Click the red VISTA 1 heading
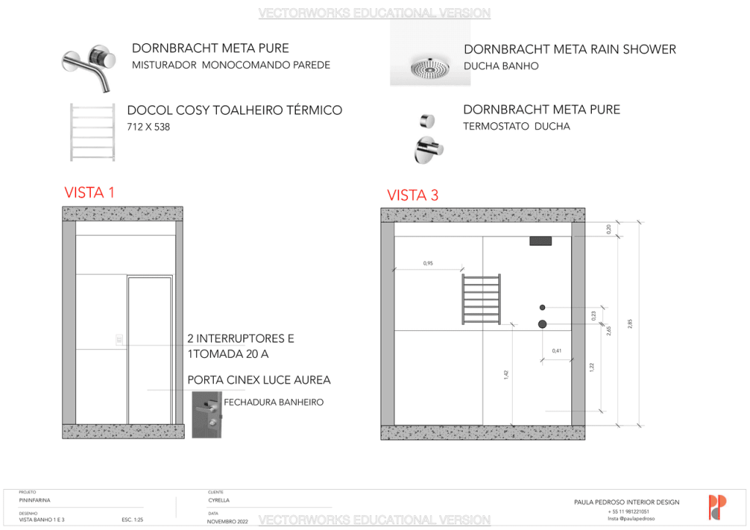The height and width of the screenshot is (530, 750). click(x=89, y=193)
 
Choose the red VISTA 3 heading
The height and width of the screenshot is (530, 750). click(x=412, y=195)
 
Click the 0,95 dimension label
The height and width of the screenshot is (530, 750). click(x=428, y=263)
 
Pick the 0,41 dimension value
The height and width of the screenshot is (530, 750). click(x=557, y=351)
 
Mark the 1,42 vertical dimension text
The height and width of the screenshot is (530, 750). click(x=506, y=374)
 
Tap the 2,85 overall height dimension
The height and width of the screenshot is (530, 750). click(x=630, y=324)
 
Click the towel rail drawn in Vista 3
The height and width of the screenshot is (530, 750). click(x=481, y=299)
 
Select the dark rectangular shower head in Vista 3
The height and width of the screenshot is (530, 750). click(x=540, y=241)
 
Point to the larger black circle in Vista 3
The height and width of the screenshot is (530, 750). click(x=543, y=324)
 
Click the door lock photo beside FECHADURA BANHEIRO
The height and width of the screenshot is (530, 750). click(x=207, y=414)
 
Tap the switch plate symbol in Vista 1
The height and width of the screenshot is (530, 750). click(x=119, y=339)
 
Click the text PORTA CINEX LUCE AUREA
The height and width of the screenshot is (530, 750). click(x=259, y=380)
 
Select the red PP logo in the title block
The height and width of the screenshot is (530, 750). click(x=717, y=507)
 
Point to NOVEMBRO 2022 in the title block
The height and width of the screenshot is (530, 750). click(x=228, y=521)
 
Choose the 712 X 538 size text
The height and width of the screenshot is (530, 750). click(x=149, y=127)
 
